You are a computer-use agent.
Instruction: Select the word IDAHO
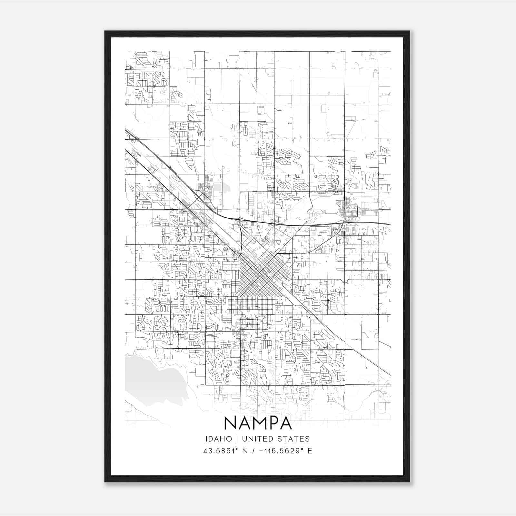pyautogui.click(x=218, y=439)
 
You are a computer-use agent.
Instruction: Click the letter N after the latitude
pyautogui.click(x=245, y=451)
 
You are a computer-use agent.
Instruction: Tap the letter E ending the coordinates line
pyautogui.click(x=310, y=451)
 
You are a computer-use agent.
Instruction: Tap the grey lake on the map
pyautogui.click(x=152, y=381)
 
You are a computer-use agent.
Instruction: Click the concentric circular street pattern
pyautogui.click(x=178, y=238)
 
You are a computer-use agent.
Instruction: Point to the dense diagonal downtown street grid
pyautogui.click(x=260, y=276)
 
